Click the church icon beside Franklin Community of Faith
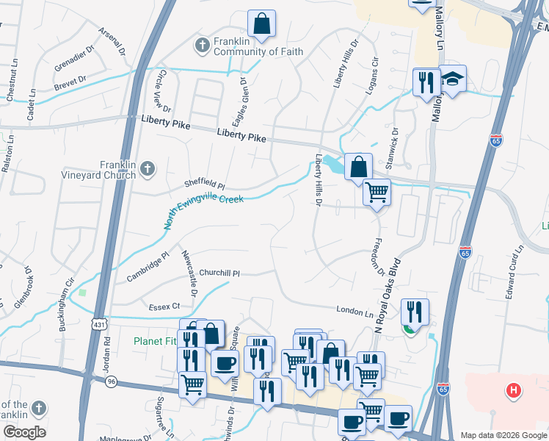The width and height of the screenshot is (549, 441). tap(203, 46)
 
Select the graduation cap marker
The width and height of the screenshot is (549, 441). tap(453, 80)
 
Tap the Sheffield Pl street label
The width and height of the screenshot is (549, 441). tap(205, 187)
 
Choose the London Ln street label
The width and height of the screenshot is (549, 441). tap(355, 312)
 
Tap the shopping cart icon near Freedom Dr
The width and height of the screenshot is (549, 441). tap(377, 193)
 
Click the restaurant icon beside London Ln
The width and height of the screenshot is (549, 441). tap(415, 312)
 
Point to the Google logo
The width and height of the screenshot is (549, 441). tap(24, 432)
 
